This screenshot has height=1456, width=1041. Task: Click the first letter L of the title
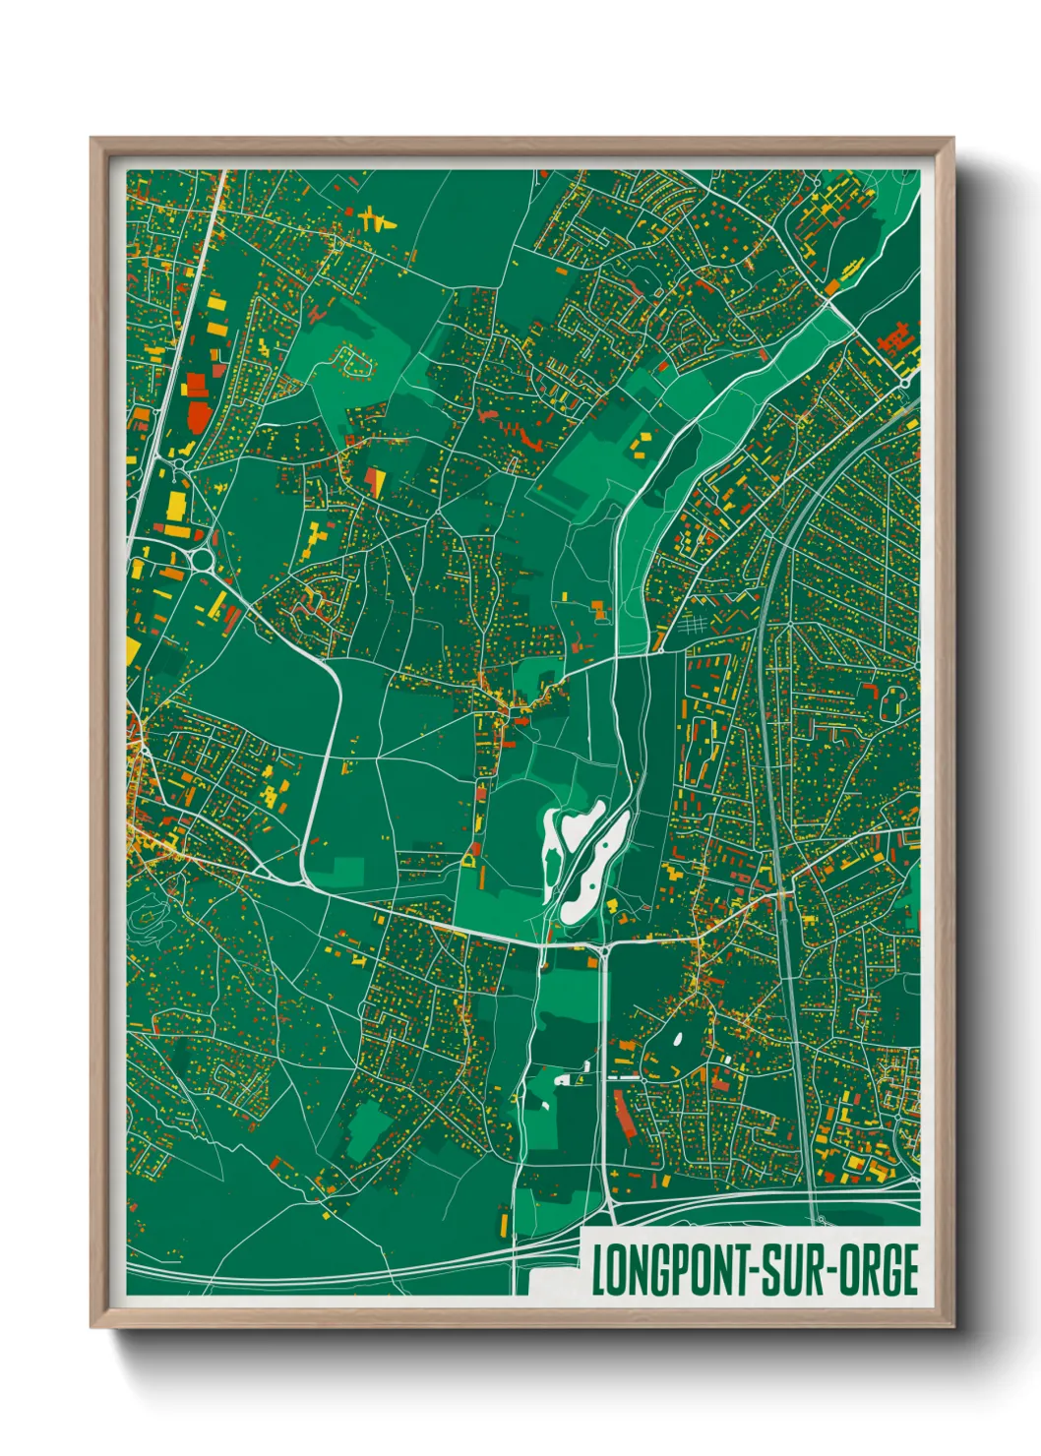click(598, 1270)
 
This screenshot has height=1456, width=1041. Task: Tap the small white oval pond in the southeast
click(677, 1037)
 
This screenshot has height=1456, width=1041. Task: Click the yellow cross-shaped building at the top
click(374, 217)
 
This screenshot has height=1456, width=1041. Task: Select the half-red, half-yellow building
click(375, 481)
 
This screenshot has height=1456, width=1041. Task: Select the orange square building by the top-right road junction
click(832, 287)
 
